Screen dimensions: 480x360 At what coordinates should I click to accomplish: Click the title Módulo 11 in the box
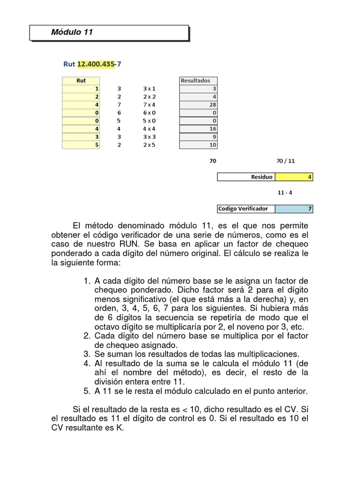coord(72,32)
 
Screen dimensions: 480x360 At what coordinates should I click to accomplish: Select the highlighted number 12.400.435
coord(96,64)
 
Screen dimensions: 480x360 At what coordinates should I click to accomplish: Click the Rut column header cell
coord(81,80)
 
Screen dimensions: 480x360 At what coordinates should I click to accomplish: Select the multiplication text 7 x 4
coord(149,105)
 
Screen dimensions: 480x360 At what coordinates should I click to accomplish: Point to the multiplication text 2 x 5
coord(149,145)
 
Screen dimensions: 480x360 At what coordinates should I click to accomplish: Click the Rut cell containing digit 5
coord(81,145)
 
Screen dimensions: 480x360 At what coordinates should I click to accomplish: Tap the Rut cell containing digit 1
coord(81,88)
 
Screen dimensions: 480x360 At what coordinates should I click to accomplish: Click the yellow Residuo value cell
coord(294,177)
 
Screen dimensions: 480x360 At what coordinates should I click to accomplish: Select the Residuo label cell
coord(247,177)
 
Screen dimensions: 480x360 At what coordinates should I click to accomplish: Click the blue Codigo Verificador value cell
coord(294,209)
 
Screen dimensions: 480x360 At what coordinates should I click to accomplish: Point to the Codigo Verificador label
coord(247,209)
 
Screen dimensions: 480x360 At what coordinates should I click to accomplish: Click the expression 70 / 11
coord(286,161)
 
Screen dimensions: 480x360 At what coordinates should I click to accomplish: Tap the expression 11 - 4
coord(286,193)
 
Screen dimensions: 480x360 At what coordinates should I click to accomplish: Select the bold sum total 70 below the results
coord(213,161)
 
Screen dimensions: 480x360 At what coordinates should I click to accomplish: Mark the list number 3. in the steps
coord(87,354)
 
